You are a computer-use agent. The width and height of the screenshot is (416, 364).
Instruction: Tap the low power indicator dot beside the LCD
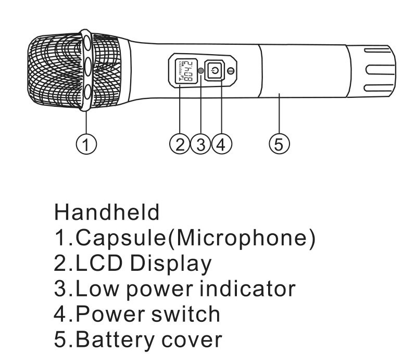pos(201,70)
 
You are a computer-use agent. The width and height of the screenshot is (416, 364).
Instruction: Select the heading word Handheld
pos(107,212)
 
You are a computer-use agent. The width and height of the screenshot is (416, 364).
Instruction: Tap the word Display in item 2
pos(171,263)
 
